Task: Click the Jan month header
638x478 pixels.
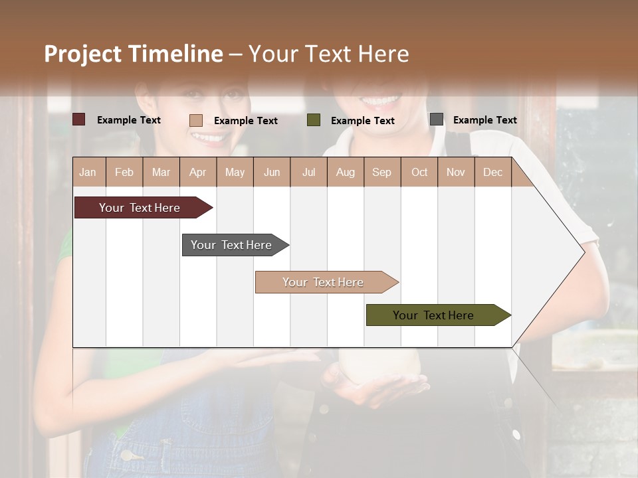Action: click(88, 172)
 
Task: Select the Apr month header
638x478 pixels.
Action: click(197, 172)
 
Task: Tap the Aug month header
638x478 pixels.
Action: click(345, 172)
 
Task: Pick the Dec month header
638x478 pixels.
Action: click(492, 172)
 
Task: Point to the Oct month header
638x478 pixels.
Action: click(419, 172)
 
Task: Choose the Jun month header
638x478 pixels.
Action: click(271, 172)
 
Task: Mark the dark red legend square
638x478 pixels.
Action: click(79, 119)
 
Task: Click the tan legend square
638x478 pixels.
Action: click(196, 120)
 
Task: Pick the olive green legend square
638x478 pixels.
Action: click(314, 120)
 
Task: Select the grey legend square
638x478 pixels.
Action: click(437, 119)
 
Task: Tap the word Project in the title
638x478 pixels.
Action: click(82, 54)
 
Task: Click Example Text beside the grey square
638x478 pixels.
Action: click(484, 119)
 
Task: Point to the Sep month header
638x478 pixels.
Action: click(381, 172)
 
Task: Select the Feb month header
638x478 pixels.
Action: click(124, 172)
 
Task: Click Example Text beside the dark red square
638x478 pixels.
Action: click(129, 119)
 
